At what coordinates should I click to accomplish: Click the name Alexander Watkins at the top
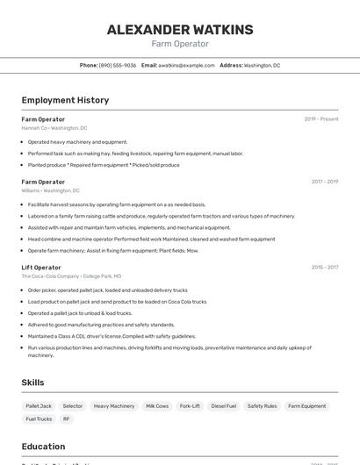tap(180, 30)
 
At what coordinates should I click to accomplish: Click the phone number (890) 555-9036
tap(118, 65)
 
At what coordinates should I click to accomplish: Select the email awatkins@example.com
tap(186, 65)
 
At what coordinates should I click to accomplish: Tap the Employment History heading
tap(65, 100)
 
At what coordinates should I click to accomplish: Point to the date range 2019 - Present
tap(321, 119)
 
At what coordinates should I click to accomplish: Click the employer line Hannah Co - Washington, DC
tap(54, 128)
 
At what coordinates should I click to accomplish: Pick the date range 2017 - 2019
tap(324, 182)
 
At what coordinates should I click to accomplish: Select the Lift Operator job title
tap(41, 268)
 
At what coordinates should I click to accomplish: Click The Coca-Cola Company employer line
tap(71, 276)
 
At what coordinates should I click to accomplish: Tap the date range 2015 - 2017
tap(324, 268)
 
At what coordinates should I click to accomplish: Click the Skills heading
tap(33, 383)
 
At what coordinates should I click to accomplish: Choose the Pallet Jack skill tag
tap(39, 406)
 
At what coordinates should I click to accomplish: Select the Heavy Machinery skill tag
tap(114, 406)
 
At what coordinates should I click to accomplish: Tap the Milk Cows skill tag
tap(157, 406)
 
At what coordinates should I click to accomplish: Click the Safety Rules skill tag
tap(262, 406)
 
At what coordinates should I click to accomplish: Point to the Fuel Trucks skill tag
tap(39, 419)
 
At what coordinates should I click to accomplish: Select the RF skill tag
tap(66, 419)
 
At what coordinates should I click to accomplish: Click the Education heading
tap(43, 447)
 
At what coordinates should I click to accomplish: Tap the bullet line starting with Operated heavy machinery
tap(77, 141)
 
